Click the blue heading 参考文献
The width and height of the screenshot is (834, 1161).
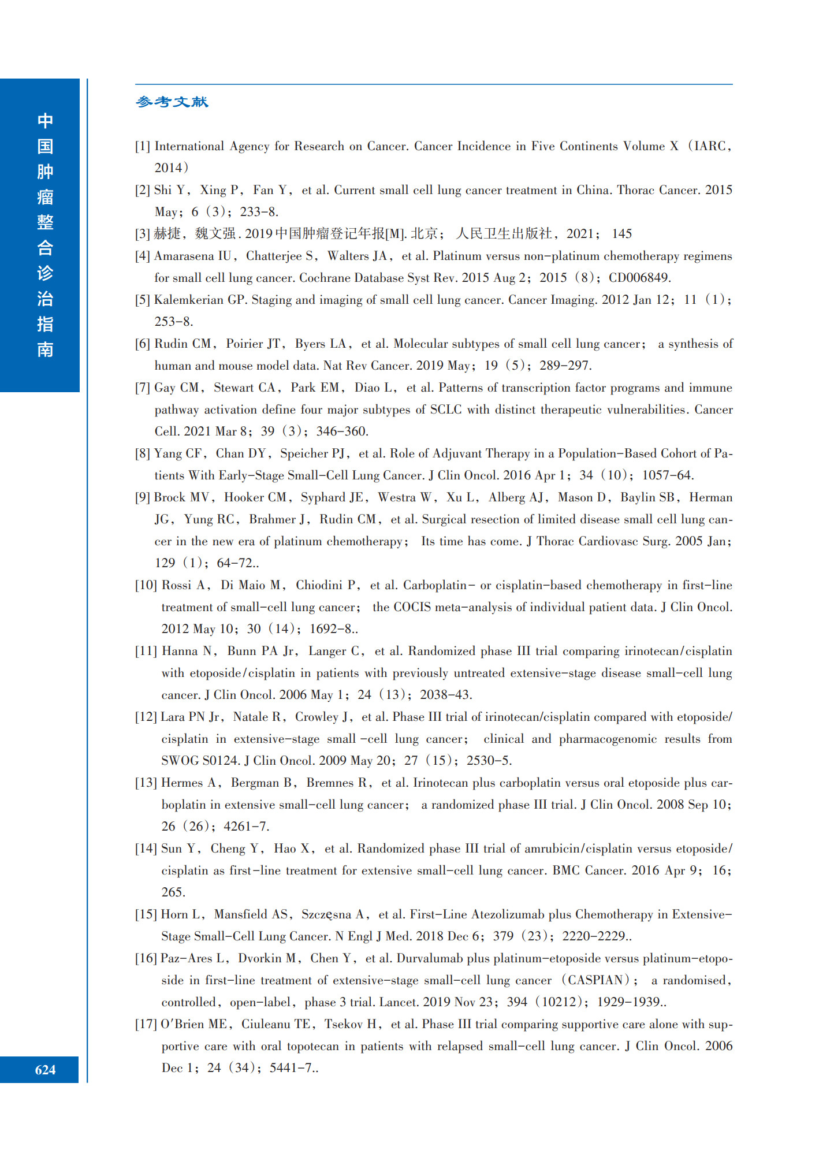(x=172, y=102)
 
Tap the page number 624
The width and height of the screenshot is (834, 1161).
(x=45, y=1070)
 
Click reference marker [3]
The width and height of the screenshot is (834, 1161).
(x=143, y=234)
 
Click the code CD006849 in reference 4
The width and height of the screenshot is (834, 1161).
(x=639, y=278)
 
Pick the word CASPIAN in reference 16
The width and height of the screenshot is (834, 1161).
(x=595, y=980)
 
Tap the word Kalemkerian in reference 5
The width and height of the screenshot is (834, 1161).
(x=192, y=300)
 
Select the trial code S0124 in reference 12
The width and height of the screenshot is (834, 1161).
(x=221, y=761)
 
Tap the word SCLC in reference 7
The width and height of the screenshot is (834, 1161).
(x=446, y=410)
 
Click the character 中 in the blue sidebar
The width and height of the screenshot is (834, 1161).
(x=45, y=121)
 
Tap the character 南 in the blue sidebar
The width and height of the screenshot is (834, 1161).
(x=45, y=349)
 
